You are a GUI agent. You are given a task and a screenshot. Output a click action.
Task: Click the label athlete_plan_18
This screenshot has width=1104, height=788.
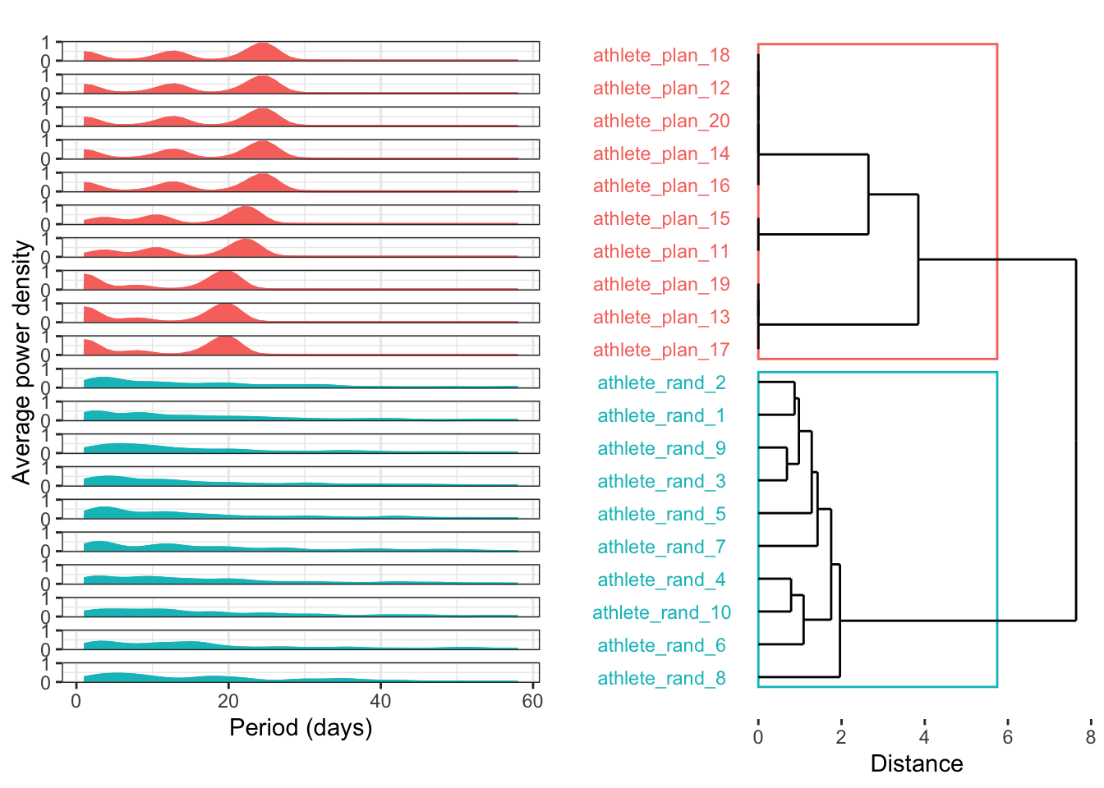coord(661,55)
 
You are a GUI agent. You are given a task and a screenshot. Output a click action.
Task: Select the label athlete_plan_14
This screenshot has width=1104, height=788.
coord(661,153)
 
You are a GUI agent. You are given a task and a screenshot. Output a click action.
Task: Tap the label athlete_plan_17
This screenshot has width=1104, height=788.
coord(661,350)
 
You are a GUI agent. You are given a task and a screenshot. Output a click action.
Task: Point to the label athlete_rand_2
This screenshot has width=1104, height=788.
coord(661,383)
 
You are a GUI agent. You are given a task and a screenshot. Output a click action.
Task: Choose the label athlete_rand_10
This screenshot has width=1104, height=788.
coord(661,612)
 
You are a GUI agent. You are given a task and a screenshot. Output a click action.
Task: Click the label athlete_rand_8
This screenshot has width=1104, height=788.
coord(661,678)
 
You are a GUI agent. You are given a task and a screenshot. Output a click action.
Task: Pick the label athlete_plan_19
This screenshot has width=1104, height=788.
coord(661,284)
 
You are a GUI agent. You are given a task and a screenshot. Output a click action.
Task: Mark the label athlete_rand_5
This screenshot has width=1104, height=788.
coord(661,514)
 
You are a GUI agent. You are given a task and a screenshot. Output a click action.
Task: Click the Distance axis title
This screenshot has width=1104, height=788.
coord(916,763)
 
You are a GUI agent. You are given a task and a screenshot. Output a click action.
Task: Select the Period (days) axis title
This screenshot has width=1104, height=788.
coord(301,727)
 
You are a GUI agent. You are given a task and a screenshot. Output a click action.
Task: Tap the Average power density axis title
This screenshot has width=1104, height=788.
coord(21,362)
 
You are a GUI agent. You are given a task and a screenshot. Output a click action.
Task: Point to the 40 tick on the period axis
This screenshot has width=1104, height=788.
coord(380,701)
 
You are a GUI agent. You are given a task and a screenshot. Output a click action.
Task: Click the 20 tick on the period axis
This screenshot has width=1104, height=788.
coord(228,701)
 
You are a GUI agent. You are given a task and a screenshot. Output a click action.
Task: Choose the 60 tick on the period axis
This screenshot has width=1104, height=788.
coord(532,701)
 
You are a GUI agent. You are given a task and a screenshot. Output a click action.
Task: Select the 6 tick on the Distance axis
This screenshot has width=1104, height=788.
coord(1007,737)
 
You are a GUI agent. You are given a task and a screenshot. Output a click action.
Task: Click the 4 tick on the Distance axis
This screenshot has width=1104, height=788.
coord(924,737)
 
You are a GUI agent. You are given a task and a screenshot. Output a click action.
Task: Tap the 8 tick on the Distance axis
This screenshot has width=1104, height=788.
coord(1090,737)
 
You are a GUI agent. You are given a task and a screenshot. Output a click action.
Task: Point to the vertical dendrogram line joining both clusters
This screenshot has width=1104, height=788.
coord(1075,440)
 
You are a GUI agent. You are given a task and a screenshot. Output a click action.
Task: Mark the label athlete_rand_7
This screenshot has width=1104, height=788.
coord(661,547)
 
